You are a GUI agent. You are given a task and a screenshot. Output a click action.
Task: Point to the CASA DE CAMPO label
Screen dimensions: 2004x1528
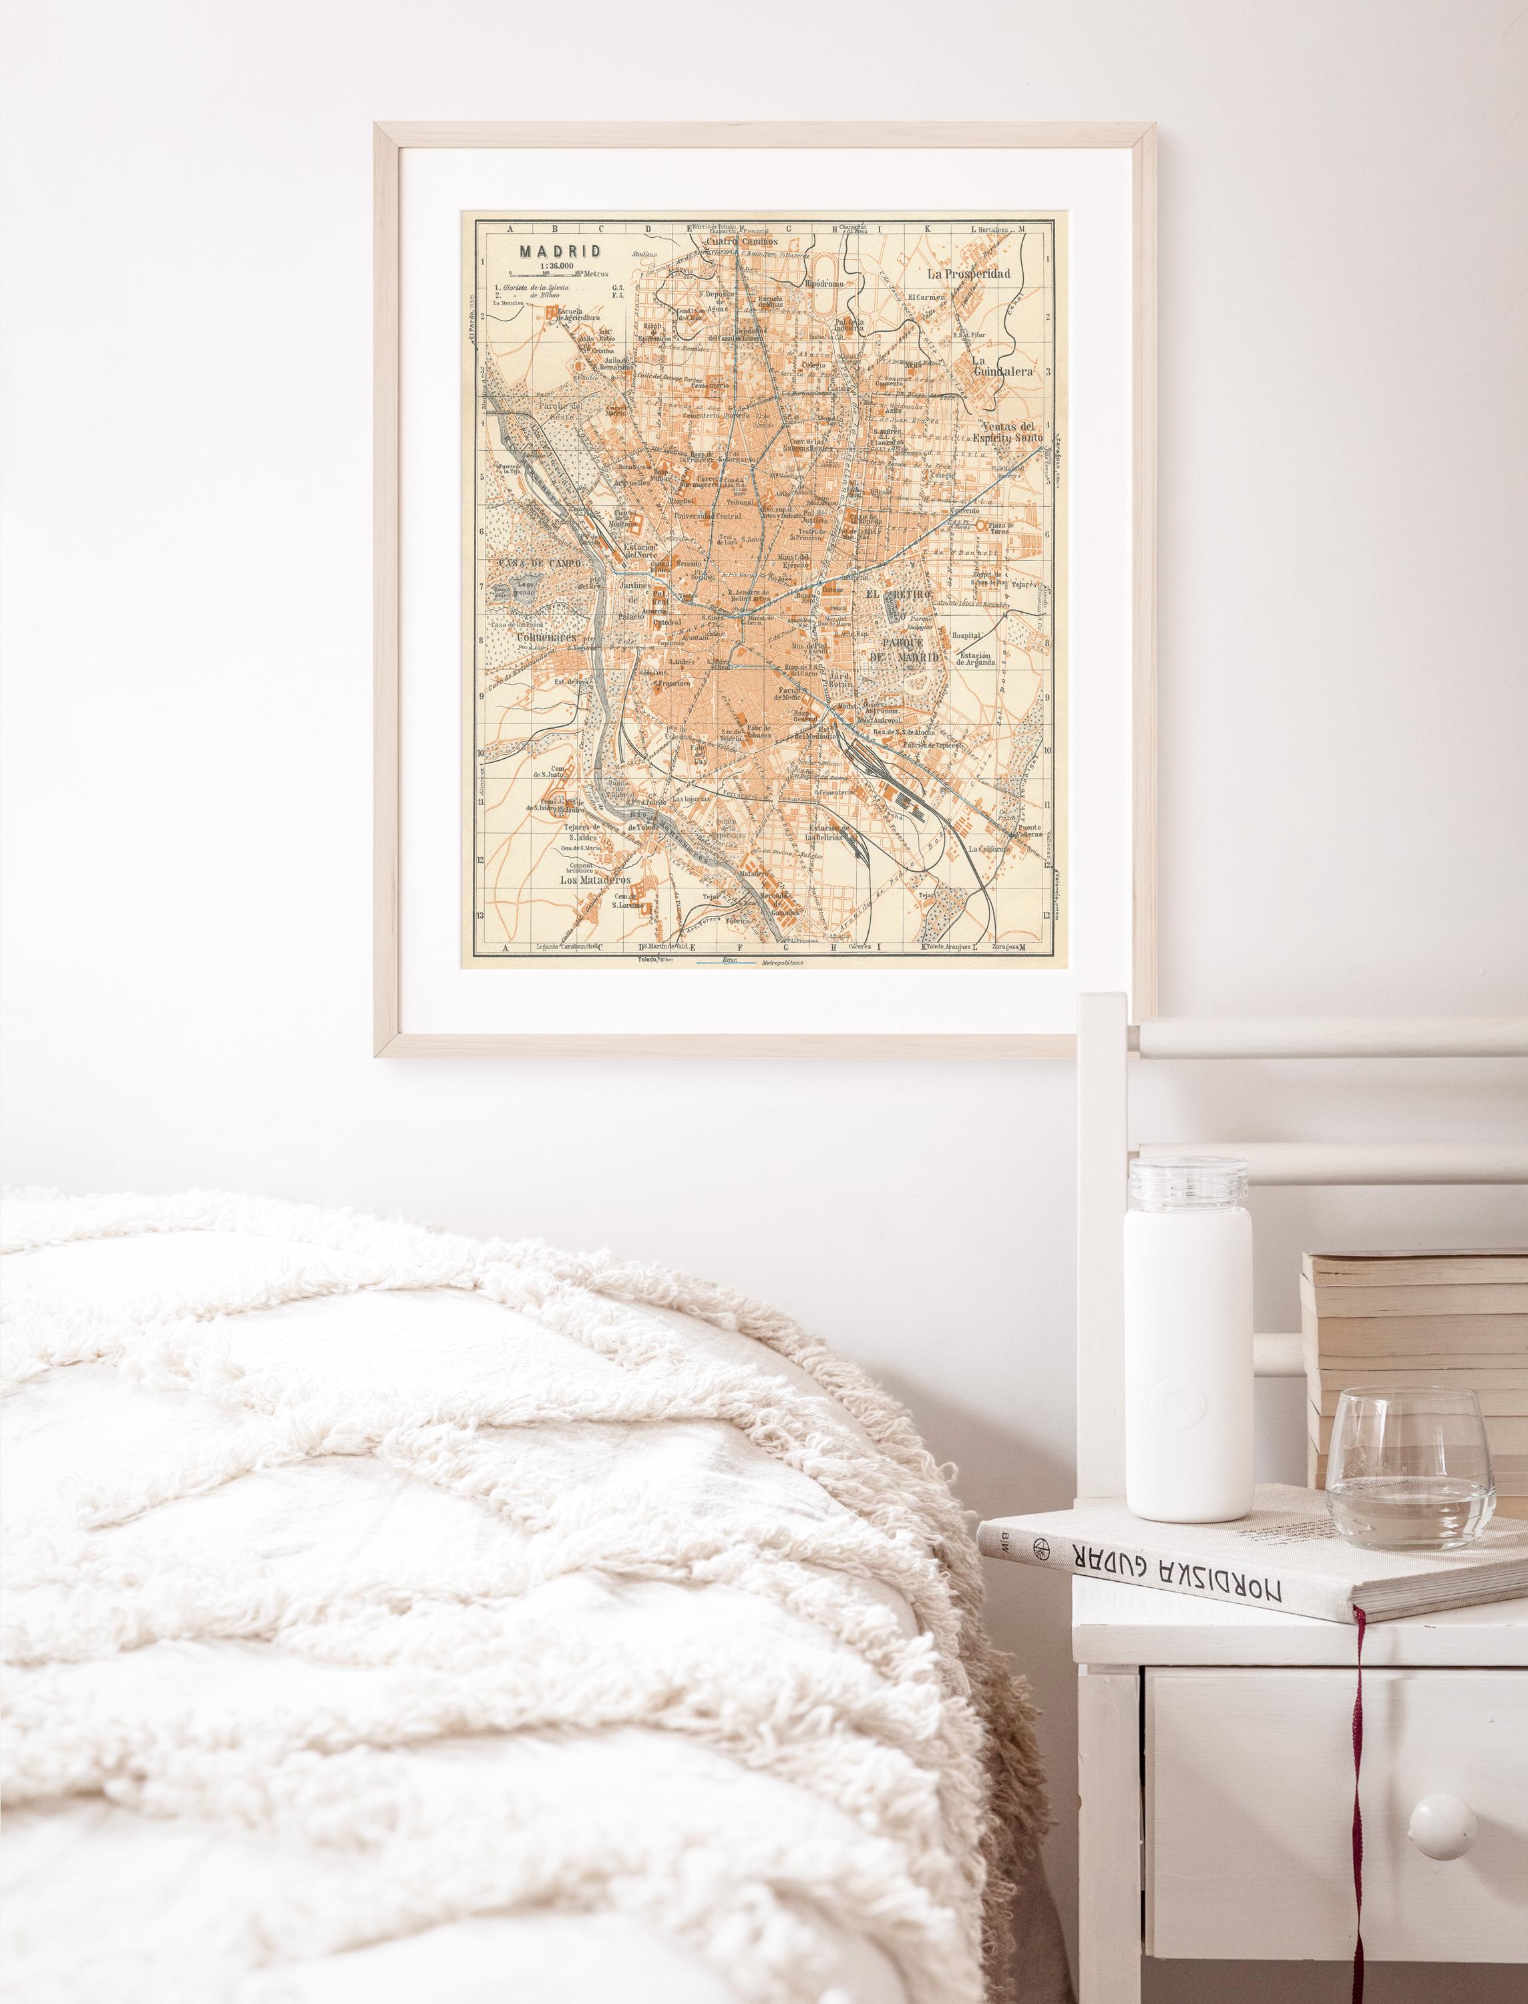click(x=532, y=563)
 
